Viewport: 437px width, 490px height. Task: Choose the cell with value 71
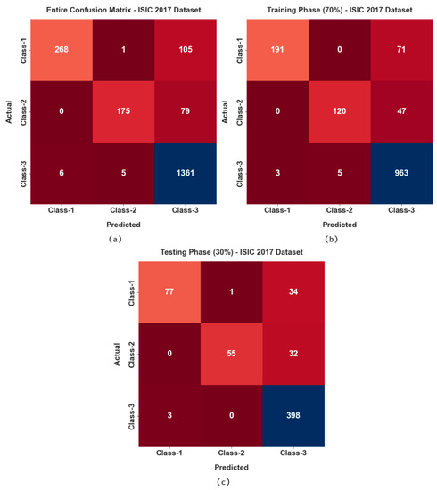point(397,45)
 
